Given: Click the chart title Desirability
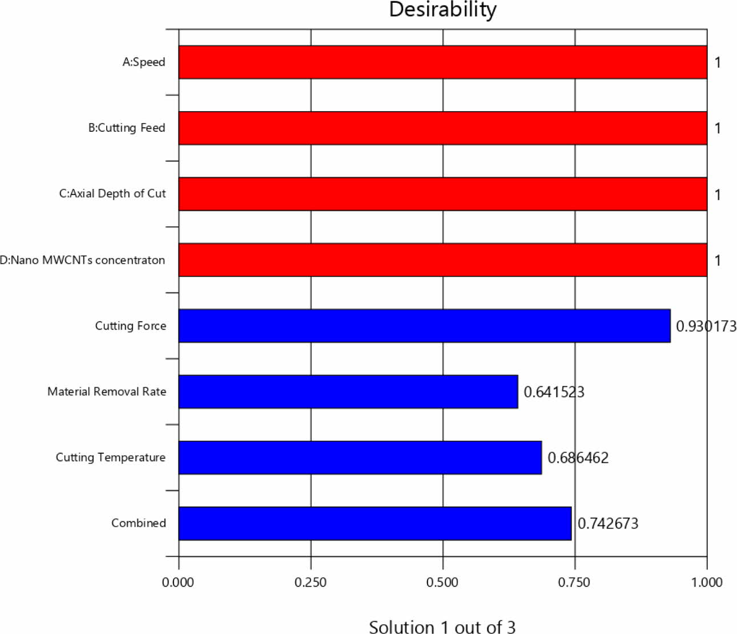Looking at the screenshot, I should click(x=442, y=10).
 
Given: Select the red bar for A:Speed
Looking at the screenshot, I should click(x=442, y=62).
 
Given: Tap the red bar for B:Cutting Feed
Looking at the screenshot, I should click(x=442, y=128).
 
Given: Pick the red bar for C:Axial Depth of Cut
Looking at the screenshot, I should click(x=442, y=194).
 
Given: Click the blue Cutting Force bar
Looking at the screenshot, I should click(x=424, y=326).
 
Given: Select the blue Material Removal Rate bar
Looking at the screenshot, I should click(x=348, y=391).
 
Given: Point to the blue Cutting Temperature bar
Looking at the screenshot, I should click(x=360, y=457).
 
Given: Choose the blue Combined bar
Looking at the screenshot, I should click(x=374, y=523).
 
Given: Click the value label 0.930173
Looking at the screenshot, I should click(x=706, y=326).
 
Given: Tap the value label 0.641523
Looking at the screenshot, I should click(x=554, y=392).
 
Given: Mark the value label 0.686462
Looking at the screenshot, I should click(x=578, y=458).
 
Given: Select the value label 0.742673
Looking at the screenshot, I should click(x=608, y=523).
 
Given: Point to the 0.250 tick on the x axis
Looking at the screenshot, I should click(x=311, y=582).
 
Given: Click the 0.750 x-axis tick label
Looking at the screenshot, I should click(x=574, y=582).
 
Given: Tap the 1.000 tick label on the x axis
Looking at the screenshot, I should click(x=707, y=582).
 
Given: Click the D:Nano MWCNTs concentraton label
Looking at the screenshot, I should click(x=83, y=260).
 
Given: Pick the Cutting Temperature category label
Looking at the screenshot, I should click(x=110, y=457).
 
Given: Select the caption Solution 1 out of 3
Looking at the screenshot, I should click(x=442, y=627).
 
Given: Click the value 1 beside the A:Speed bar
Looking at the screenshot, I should click(x=718, y=62).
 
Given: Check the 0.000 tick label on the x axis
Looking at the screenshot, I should click(x=178, y=582).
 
